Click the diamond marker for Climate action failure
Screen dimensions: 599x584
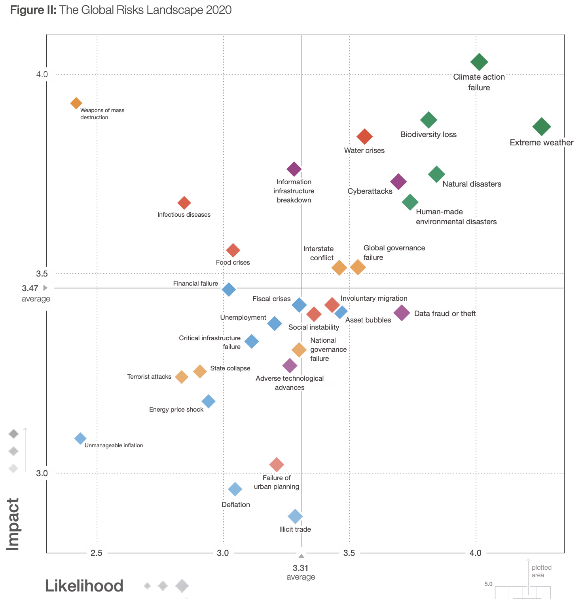pos(479,62)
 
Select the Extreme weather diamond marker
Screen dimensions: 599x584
pos(542,127)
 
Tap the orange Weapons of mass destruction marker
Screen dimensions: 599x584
pos(76,103)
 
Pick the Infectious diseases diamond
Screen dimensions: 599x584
pos(184,203)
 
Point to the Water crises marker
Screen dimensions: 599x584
pos(364,137)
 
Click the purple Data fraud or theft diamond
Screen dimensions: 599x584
pos(402,313)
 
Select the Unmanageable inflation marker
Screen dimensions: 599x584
pos(80,439)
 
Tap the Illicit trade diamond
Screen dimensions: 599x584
pos(295,516)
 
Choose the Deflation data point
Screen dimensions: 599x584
pos(235,489)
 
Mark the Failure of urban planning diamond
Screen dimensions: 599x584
pos(277,464)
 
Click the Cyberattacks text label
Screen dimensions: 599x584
pos(370,191)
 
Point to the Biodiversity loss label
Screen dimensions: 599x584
pos(428,135)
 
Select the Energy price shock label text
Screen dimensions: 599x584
pos(176,410)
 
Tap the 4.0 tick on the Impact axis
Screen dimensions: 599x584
pos(42,74)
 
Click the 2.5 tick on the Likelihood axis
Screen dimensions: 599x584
pos(97,553)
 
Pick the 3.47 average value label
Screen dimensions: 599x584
pos(30,288)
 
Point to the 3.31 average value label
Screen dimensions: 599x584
pos(301,568)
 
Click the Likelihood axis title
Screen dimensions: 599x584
pos(84,586)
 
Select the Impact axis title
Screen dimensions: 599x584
pos(13,524)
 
